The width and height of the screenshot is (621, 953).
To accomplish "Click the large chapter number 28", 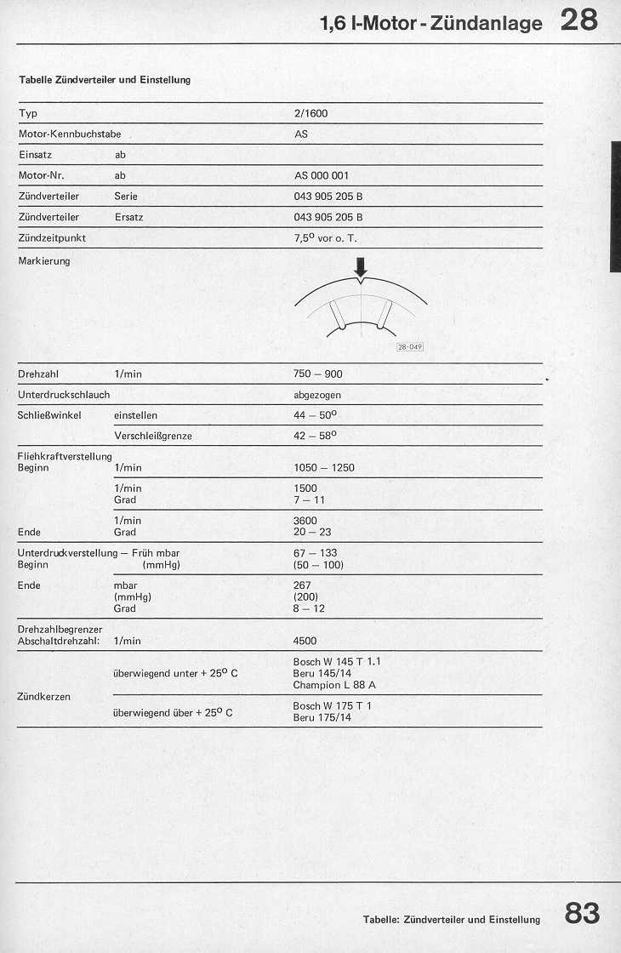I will (x=579, y=20).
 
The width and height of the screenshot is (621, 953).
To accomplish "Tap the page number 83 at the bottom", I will (x=582, y=914).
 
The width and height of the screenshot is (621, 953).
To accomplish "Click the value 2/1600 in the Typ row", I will (x=310, y=114).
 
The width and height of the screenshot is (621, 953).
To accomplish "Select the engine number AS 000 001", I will (x=322, y=176).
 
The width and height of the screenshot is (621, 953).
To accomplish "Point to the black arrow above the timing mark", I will (x=361, y=267).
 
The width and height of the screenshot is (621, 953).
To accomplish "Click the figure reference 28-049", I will (x=410, y=347).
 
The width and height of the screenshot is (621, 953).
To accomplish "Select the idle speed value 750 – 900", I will (x=318, y=374).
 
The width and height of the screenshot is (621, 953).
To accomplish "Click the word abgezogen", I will (x=316, y=395).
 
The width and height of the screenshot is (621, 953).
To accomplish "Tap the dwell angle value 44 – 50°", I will (x=315, y=415).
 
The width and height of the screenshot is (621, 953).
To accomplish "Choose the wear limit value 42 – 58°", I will (x=315, y=436).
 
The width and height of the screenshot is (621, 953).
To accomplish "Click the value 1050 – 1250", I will (x=323, y=468).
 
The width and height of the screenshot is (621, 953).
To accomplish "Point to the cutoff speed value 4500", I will (x=305, y=641).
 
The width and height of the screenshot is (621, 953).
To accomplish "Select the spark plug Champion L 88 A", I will (x=334, y=685).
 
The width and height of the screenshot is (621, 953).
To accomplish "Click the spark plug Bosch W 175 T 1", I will (x=332, y=706).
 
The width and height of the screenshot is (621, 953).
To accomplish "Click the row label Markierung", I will (x=44, y=261).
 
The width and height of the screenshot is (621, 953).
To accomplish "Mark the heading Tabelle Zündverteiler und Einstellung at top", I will (x=105, y=80).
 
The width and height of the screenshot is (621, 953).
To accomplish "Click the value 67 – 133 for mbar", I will (x=315, y=553).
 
